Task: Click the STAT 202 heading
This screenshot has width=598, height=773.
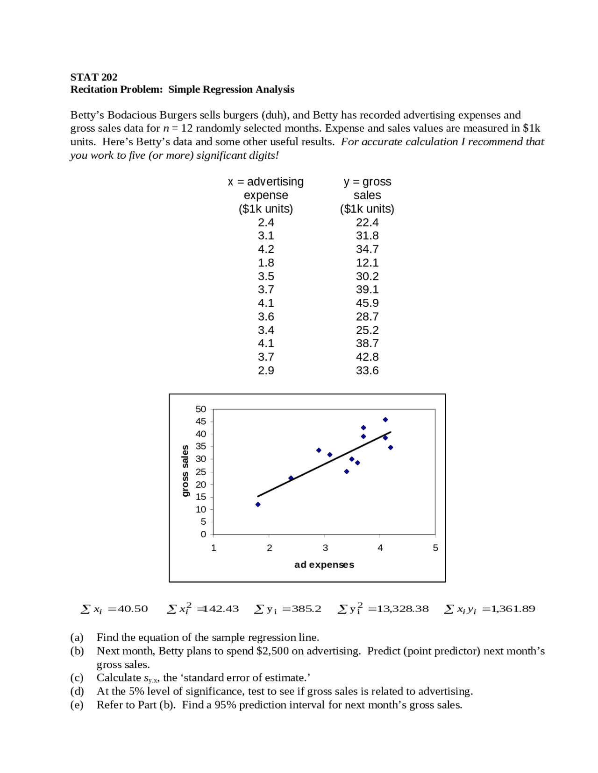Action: click(x=94, y=77)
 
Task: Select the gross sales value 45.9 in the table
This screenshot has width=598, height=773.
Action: click(x=367, y=303)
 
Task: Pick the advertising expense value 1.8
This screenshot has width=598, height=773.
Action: click(x=266, y=263)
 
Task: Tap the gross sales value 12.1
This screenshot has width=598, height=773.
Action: click(x=367, y=263)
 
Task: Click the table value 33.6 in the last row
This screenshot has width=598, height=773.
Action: click(x=367, y=371)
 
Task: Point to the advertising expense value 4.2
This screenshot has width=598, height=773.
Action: click(x=266, y=249)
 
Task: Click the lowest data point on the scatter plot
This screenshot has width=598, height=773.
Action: click(x=258, y=505)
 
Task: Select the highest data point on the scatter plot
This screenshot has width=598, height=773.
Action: click(x=385, y=420)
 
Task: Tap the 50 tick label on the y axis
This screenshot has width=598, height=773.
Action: click(x=201, y=409)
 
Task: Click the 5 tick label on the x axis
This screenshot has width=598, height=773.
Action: click(x=435, y=548)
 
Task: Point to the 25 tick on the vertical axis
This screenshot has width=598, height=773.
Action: click(x=201, y=472)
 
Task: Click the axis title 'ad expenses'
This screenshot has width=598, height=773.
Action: click(x=324, y=565)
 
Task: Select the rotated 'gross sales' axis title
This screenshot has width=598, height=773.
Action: click(x=185, y=471)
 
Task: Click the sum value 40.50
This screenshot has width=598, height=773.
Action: click(x=133, y=609)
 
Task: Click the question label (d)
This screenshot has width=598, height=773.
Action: click(x=77, y=691)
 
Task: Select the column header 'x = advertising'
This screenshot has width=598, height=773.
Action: click(x=266, y=182)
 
